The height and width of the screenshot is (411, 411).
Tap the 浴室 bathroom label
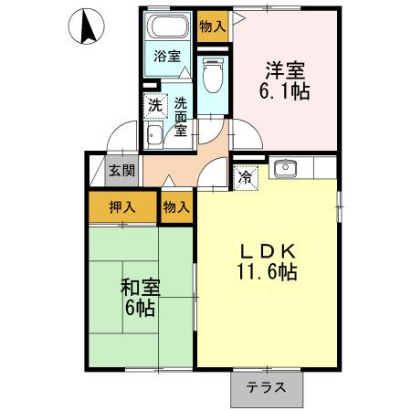(x=166, y=56)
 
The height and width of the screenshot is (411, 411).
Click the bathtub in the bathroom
(x=168, y=28)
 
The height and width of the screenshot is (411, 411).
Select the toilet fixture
(x=212, y=75)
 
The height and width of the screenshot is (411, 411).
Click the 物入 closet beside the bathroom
(x=212, y=26)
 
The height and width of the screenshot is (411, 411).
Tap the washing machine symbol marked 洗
(x=155, y=105)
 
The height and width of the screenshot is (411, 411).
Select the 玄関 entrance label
(x=121, y=170)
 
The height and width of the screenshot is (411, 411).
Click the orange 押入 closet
(x=123, y=207)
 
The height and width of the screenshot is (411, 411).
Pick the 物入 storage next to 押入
(x=176, y=207)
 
